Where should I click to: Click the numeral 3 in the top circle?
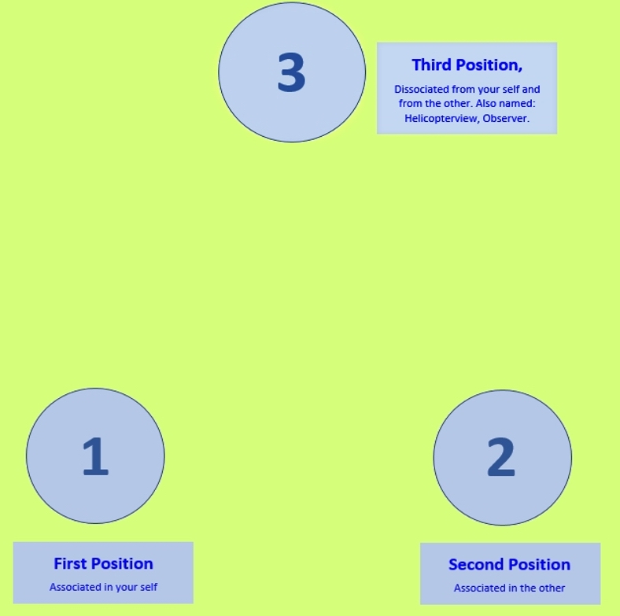(291, 72)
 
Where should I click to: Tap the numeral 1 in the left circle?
(95, 456)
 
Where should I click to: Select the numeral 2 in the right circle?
(501, 457)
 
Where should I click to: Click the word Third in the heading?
(432, 65)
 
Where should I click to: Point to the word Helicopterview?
(441, 118)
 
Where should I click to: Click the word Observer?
(506, 118)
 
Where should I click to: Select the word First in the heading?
(66, 564)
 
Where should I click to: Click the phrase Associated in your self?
(103, 587)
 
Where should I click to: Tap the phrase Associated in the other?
(509, 588)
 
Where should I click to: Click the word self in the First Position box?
(149, 587)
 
